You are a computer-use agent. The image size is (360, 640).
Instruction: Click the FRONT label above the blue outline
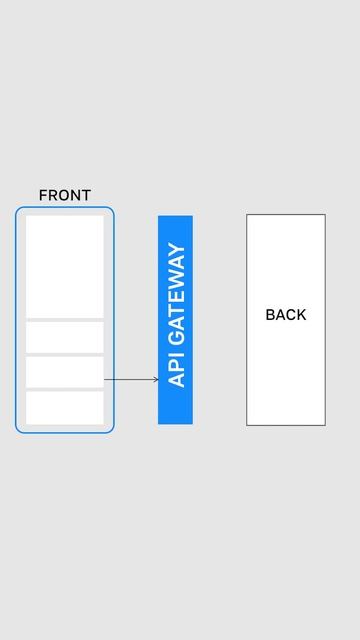pyautogui.click(x=64, y=195)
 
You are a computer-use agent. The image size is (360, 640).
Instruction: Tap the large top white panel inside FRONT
pyautogui.click(x=65, y=266)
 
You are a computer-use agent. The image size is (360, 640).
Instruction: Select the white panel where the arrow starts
pyautogui.click(x=65, y=372)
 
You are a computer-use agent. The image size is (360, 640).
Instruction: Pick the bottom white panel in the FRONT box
pyautogui.click(x=65, y=407)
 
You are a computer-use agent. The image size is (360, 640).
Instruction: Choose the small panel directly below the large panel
pyautogui.click(x=65, y=337)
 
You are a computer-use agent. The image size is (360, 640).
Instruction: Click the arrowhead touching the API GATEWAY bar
pyautogui.click(x=155, y=380)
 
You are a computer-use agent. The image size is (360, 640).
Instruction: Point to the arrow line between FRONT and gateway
pyautogui.click(x=130, y=380)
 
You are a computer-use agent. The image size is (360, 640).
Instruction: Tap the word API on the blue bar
pyautogui.click(x=176, y=369)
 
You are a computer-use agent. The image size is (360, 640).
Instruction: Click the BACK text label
pyautogui.click(x=286, y=315)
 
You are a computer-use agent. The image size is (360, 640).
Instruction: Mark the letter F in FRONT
pyautogui.click(x=43, y=195)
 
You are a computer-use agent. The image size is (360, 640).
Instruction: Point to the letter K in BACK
pyautogui.click(x=301, y=315)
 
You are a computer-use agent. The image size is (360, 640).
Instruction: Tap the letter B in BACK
pyautogui.click(x=270, y=315)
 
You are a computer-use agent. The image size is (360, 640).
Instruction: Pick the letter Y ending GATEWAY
pyautogui.click(x=176, y=250)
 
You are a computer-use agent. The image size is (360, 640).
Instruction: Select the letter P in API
pyautogui.click(x=176, y=367)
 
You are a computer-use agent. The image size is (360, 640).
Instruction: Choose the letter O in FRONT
pyautogui.click(x=63, y=195)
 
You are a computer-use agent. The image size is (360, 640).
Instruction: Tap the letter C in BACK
pyautogui.click(x=290, y=315)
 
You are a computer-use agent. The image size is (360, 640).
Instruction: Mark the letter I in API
pyautogui.click(x=176, y=357)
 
